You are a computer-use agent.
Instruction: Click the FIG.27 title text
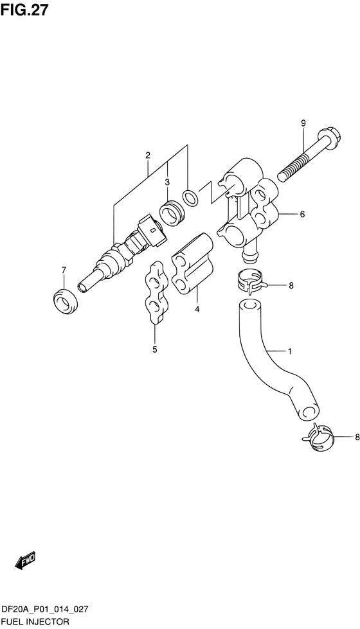(x=24, y=10)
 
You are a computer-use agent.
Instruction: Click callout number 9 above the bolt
(x=303, y=123)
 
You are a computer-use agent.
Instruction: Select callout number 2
(x=148, y=155)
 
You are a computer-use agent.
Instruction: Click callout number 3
(x=167, y=182)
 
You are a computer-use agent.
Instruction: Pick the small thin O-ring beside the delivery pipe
(x=190, y=197)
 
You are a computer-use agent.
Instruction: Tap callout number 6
(x=302, y=214)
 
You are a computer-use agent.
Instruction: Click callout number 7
(x=63, y=270)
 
